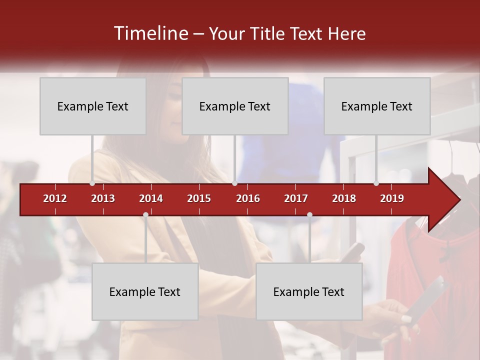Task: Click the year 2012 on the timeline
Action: pyautogui.click(x=55, y=198)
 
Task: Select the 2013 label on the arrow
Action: pyautogui.click(x=103, y=198)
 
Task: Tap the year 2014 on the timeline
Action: pyautogui.click(x=151, y=198)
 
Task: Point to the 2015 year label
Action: pyautogui.click(x=199, y=198)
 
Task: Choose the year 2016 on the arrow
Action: pyautogui.click(x=248, y=198)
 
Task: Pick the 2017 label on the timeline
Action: pyautogui.click(x=296, y=198)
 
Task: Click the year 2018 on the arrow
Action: pyautogui.click(x=344, y=198)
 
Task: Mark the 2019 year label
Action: pyautogui.click(x=392, y=198)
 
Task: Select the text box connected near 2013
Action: pyautogui.click(x=93, y=106)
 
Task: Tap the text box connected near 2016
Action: pyautogui.click(x=235, y=106)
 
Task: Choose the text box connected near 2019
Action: pyautogui.click(x=377, y=106)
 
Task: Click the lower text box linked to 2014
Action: pyautogui.click(x=145, y=291)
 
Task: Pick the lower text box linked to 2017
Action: pyautogui.click(x=309, y=291)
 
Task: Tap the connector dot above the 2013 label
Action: pyautogui.click(x=92, y=183)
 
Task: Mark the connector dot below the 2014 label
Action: pyautogui.click(x=145, y=214)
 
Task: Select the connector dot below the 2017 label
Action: pyautogui.click(x=309, y=214)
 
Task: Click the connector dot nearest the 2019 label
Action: pyautogui.click(x=376, y=183)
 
